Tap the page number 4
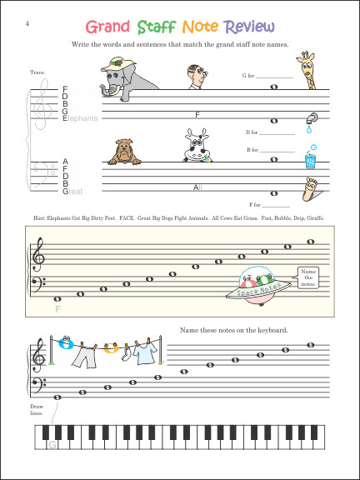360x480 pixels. click(x=27, y=8)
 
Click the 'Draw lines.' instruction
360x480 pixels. click(x=35, y=409)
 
